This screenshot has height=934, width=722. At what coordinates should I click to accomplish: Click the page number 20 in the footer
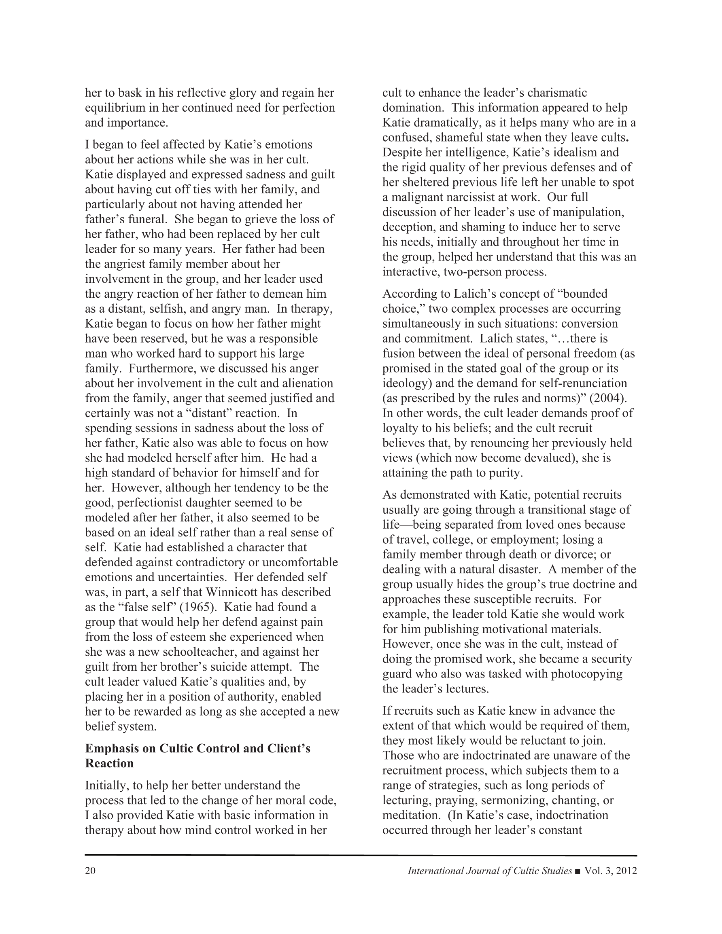(90, 871)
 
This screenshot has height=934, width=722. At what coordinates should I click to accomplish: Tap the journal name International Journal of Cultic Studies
(490, 871)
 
